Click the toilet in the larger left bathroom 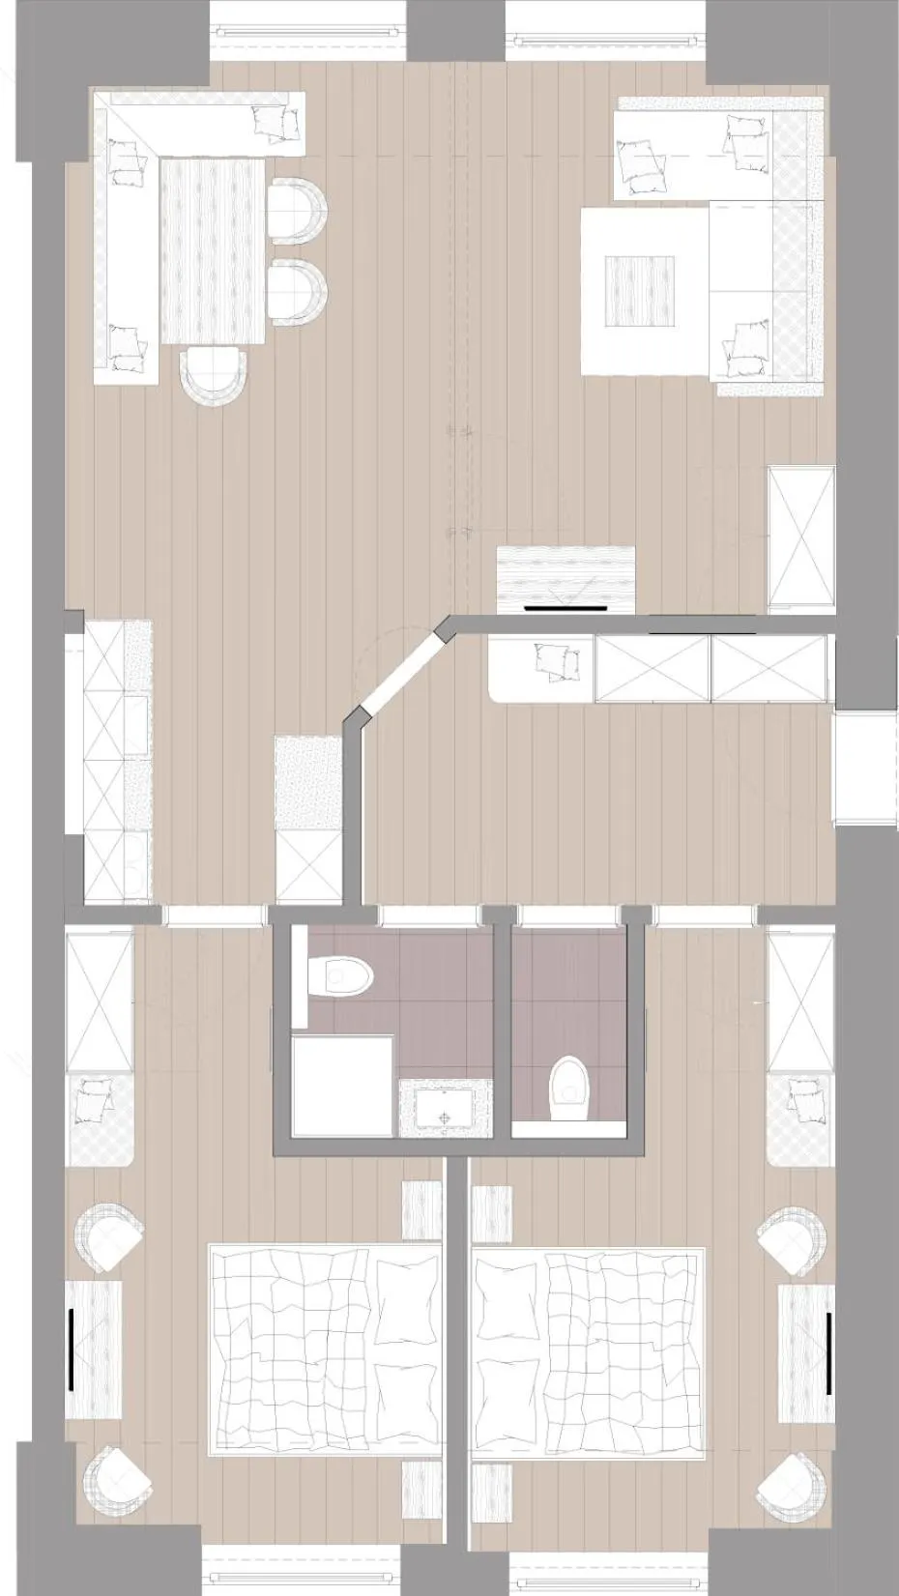click(x=343, y=975)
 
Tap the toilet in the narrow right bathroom click(x=568, y=1089)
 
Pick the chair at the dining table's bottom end click(x=215, y=375)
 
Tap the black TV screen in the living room click(x=565, y=609)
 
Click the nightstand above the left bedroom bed click(x=421, y=1208)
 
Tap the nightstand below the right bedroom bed click(x=490, y=1494)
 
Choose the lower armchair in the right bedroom click(x=793, y=1484)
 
